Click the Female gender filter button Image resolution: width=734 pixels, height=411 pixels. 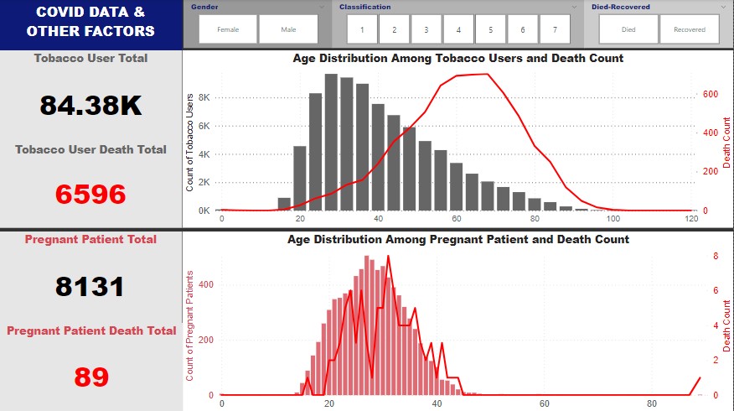tap(228, 29)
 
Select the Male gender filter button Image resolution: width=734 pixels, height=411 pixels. tap(288, 29)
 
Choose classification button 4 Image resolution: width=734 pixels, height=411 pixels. tap(458, 29)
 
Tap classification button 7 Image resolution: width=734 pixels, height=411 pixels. tap(554, 29)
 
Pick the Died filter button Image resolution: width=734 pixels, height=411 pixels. tap(628, 29)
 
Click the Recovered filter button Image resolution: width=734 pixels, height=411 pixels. tap(689, 29)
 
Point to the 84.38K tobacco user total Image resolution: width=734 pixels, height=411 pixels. tap(90, 106)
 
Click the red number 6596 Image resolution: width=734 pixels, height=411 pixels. tap(90, 194)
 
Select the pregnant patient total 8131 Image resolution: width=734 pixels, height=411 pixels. tap(90, 287)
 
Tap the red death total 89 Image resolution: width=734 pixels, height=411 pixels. tap(90, 377)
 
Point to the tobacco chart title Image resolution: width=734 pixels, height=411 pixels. tap(457, 59)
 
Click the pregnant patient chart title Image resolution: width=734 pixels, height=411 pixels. tap(457, 240)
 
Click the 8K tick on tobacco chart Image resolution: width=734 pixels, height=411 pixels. tap(204, 97)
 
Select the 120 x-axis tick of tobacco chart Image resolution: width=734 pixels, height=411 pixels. tap(691, 219)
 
